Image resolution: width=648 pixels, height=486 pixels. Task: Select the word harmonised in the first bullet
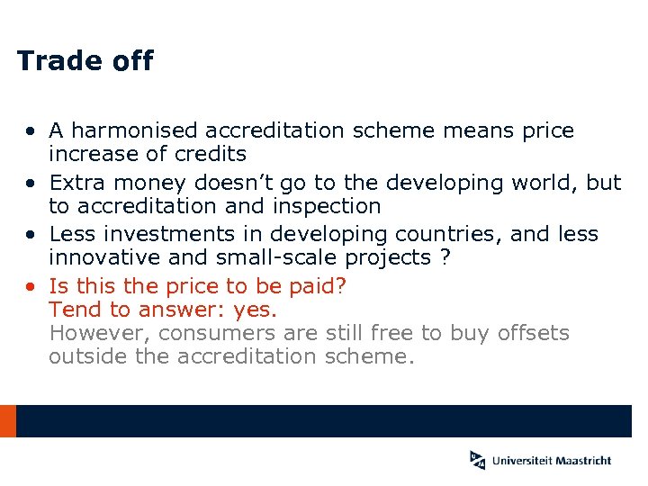130,131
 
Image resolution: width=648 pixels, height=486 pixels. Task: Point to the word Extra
76,184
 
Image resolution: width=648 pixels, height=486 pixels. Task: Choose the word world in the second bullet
544,183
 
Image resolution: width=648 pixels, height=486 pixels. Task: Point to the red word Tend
72,310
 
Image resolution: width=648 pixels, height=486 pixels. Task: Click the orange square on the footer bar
7,420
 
